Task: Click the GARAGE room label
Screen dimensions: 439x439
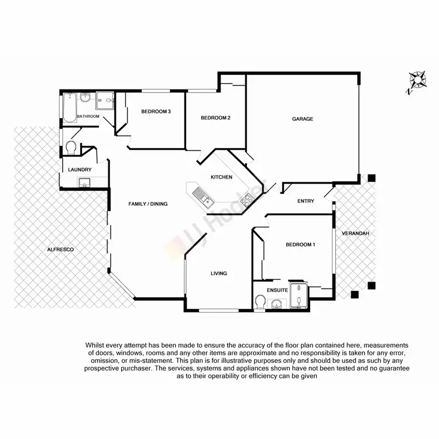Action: click(303, 119)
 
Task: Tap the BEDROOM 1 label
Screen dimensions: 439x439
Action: click(300, 244)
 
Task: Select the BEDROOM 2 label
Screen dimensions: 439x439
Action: click(215, 118)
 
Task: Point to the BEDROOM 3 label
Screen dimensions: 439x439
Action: click(156, 112)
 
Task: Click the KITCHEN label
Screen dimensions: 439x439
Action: click(222, 177)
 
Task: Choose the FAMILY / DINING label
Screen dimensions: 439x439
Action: click(148, 204)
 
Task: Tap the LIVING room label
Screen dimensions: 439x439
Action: click(218, 273)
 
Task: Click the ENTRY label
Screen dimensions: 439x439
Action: click(306, 201)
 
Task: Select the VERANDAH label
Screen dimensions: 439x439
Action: click(356, 233)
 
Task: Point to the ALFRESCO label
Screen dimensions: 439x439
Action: click(60, 249)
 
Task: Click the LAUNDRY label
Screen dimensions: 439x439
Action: click(80, 170)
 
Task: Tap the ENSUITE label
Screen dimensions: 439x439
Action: click(276, 290)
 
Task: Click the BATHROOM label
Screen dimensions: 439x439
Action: click(88, 116)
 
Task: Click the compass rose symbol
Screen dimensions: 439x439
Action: click(417, 81)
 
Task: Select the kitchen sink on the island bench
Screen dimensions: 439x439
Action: click(203, 197)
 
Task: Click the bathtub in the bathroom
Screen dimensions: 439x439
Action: click(68, 107)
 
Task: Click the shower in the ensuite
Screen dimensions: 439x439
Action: click(301, 296)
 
